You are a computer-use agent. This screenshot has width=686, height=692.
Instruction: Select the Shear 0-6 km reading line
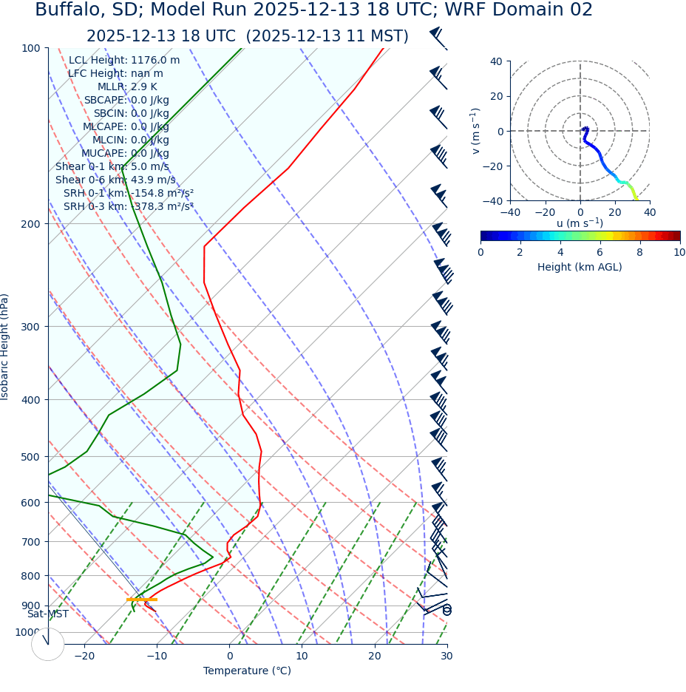115,180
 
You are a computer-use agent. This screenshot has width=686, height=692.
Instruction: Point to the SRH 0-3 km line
128,206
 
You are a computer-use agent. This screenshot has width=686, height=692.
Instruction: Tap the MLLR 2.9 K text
127,86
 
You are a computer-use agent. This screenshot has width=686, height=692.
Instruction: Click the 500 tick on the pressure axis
31,457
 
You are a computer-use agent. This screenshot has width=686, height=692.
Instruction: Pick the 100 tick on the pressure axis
31,48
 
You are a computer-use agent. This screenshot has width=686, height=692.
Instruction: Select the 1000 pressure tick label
28,632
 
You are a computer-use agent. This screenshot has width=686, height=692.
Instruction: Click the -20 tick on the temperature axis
84,656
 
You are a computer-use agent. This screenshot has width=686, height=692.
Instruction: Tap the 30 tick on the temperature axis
446,656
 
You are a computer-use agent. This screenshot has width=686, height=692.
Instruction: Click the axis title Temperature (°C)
247,671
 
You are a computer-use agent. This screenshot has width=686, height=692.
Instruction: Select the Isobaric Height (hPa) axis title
6,347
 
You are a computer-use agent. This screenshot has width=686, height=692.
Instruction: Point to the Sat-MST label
48,614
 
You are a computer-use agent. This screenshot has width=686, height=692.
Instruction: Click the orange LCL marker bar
142,600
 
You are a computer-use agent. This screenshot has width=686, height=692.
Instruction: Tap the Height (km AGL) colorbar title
580,267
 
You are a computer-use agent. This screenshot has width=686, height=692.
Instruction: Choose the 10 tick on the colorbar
679,252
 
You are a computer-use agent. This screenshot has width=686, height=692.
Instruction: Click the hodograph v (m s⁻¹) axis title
476,131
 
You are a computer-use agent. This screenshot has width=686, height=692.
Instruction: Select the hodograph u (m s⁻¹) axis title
580,223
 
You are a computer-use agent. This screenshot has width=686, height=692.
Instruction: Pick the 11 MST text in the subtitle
376,36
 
